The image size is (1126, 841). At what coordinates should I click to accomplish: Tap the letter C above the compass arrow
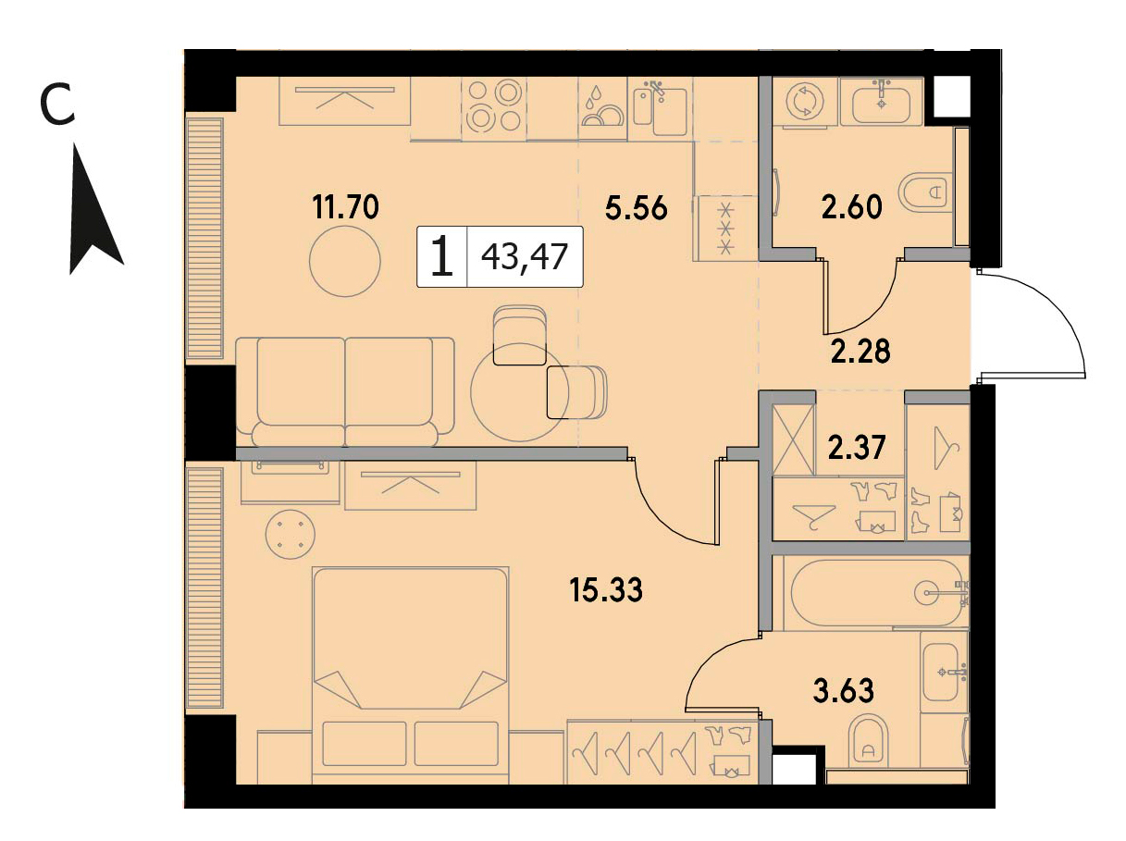click(57, 107)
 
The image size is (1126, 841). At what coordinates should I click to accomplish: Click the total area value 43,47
click(525, 256)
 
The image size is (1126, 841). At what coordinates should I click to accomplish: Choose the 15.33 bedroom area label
click(606, 589)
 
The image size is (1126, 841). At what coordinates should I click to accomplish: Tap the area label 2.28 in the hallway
click(860, 352)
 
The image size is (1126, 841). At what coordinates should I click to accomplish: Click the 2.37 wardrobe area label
click(857, 447)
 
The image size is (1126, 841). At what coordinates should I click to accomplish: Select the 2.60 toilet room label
click(851, 206)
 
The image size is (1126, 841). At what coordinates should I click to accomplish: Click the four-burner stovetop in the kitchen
click(493, 109)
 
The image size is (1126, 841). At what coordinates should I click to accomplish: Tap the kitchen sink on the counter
click(661, 109)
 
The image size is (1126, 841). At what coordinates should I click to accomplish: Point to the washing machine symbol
click(805, 101)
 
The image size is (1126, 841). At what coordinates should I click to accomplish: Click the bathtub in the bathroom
click(879, 593)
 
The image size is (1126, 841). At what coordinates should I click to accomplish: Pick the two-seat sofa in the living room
click(345, 391)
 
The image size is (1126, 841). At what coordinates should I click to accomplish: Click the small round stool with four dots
click(290, 534)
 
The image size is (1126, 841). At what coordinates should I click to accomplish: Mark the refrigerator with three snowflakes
click(725, 229)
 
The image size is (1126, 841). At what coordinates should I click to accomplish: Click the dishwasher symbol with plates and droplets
click(602, 109)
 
